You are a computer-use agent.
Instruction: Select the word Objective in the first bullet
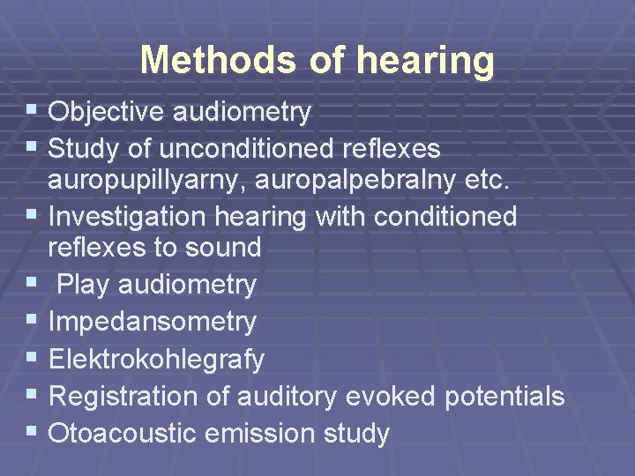(x=106, y=112)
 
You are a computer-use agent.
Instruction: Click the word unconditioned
(x=235, y=148)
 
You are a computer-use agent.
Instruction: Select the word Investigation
(x=130, y=217)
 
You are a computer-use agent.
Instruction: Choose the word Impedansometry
(x=153, y=323)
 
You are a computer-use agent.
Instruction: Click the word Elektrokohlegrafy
(x=156, y=360)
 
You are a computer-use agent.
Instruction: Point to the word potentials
(x=504, y=397)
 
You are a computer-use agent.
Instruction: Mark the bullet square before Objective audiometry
(x=33, y=111)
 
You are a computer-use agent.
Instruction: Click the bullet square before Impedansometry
(x=33, y=321)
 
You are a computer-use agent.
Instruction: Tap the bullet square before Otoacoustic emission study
(x=33, y=432)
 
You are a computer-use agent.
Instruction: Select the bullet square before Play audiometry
(x=33, y=283)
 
